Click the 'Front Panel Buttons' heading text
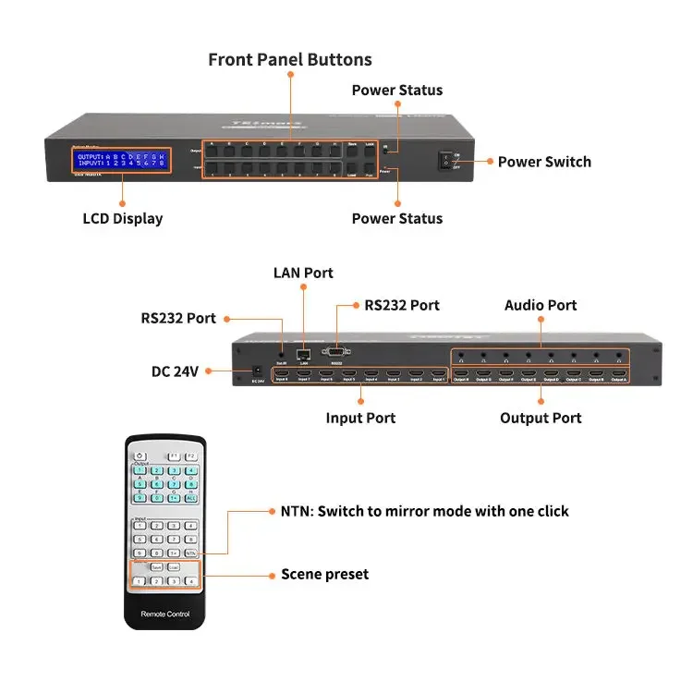point(290,60)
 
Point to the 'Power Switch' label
point(544,162)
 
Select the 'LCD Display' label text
point(123,219)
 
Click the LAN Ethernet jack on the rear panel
point(302,352)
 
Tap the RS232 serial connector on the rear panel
point(335,351)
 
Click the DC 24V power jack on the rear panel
point(255,371)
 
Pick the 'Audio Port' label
point(541,305)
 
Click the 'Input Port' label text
point(360,418)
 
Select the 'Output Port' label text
point(541,418)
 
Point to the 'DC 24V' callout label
point(175,371)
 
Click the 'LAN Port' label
point(303,273)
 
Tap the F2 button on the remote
point(190,456)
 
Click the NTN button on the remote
point(190,552)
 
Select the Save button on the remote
point(156,566)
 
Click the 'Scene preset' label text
point(324,575)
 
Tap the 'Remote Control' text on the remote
point(164,614)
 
